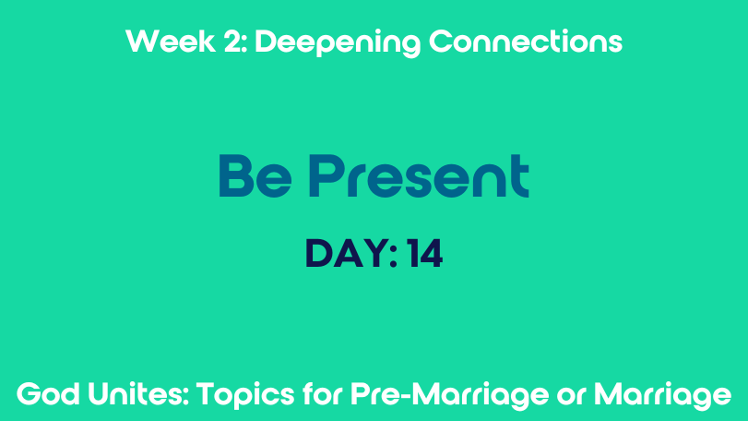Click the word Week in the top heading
[171, 41]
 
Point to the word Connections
[526, 41]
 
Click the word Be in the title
[255, 175]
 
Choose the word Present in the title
[420, 175]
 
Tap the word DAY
[347, 254]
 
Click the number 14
[425, 254]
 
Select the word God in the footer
[48, 394]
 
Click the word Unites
[138, 394]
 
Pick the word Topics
[245, 396]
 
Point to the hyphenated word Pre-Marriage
[450, 396]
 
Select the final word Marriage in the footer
[662, 396]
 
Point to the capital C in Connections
[441, 41]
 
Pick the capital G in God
[29, 394]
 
